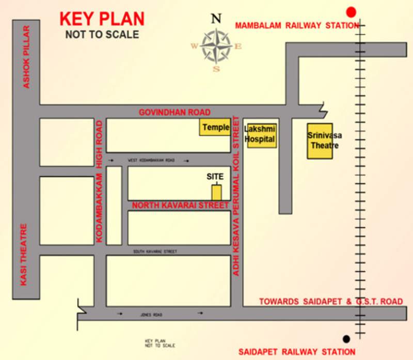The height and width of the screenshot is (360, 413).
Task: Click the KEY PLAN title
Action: [102, 19]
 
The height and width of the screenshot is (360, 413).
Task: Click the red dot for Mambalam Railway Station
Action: [351, 12]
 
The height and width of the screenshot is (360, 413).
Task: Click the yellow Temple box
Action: [215, 127]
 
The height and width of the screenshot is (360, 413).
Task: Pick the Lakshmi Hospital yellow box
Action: [261, 136]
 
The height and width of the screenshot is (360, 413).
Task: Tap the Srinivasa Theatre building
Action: [320, 141]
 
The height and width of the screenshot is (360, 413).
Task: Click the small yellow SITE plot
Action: [216, 192]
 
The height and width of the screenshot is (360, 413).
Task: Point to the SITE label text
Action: [215, 177]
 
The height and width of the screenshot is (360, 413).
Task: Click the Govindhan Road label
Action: [174, 112]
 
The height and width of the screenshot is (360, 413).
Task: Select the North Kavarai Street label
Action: [180, 206]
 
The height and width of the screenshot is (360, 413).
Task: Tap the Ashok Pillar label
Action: [27, 57]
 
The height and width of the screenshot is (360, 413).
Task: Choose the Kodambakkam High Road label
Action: [100, 181]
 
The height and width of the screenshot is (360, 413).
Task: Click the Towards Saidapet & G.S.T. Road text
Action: [330, 302]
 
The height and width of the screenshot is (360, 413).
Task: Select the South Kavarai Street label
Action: [155, 252]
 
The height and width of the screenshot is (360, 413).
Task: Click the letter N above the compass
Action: [216, 19]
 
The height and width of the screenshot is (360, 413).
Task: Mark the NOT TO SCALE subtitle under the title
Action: [102, 35]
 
